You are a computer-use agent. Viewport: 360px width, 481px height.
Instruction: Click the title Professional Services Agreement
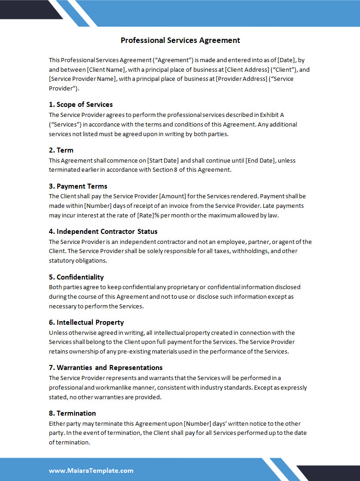180,40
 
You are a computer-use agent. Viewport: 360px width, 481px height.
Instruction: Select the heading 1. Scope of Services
81,105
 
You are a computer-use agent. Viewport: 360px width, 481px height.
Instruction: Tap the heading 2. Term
61,150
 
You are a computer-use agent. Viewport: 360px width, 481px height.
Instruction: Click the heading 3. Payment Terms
78,186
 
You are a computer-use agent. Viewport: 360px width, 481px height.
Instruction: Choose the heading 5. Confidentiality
76,277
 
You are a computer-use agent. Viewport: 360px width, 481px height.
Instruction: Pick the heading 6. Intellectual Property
86,322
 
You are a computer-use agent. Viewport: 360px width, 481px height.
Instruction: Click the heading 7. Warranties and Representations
106,367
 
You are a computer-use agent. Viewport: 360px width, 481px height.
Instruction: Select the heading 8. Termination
72,413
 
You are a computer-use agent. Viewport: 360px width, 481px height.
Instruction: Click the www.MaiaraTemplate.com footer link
91,470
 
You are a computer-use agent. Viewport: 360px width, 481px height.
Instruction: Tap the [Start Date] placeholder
163,160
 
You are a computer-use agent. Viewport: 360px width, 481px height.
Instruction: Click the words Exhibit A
272,115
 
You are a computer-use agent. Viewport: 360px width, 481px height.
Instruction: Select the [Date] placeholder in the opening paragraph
286,60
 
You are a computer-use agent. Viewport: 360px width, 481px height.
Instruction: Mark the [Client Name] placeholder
106,70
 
